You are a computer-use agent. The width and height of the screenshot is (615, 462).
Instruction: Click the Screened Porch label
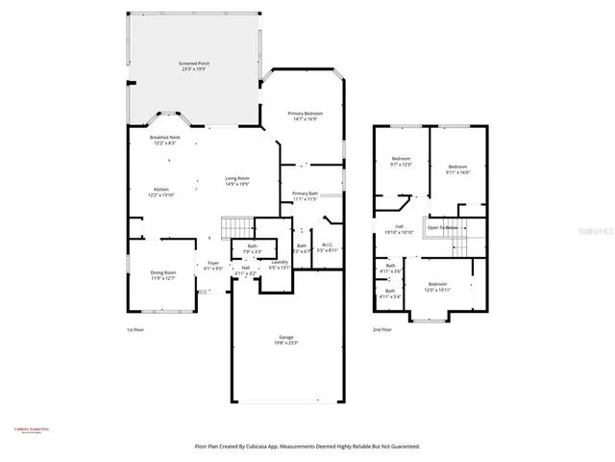click(x=195, y=65)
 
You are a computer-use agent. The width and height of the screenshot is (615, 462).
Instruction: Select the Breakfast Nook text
click(x=165, y=140)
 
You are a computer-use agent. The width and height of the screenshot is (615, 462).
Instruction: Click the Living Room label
click(x=237, y=180)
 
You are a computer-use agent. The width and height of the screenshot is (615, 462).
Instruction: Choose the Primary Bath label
click(x=306, y=196)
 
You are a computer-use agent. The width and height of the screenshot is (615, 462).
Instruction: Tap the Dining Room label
click(x=163, y=274)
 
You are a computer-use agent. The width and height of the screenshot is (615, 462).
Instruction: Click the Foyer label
click(x=213, y=266)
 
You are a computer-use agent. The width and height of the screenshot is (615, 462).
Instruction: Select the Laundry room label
click(x=279, y=265)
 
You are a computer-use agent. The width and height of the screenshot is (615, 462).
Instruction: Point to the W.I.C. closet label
click(x=328, y=247)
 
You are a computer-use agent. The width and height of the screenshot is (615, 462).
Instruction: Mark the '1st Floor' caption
click(x=135, y=329)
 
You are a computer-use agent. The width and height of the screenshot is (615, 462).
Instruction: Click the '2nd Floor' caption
click(x=382, y=329)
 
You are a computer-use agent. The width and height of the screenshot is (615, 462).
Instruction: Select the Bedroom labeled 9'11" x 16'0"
click(x=458, y=169)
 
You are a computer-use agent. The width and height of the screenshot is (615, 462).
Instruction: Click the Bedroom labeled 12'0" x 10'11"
click(x=437, y=286)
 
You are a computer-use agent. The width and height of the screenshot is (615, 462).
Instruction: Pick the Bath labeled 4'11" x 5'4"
click(x=390, y=293)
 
